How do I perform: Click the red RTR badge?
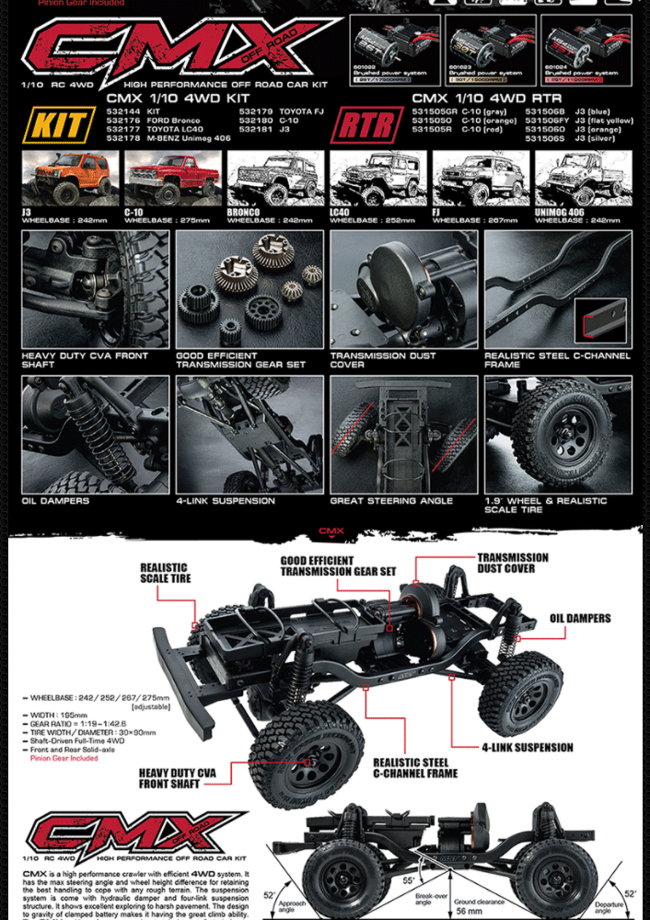point(366,125)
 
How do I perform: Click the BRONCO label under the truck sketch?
point(243,213)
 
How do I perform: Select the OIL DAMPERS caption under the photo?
point(55,501)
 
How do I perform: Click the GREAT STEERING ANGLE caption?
point(391,501)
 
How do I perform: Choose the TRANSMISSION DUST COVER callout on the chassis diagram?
point(512,563)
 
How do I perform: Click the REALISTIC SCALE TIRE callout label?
point(166,573)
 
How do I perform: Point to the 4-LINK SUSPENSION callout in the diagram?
point(527,747)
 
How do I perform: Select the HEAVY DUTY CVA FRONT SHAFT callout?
point(177,778)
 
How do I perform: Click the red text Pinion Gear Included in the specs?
point(64,759)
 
